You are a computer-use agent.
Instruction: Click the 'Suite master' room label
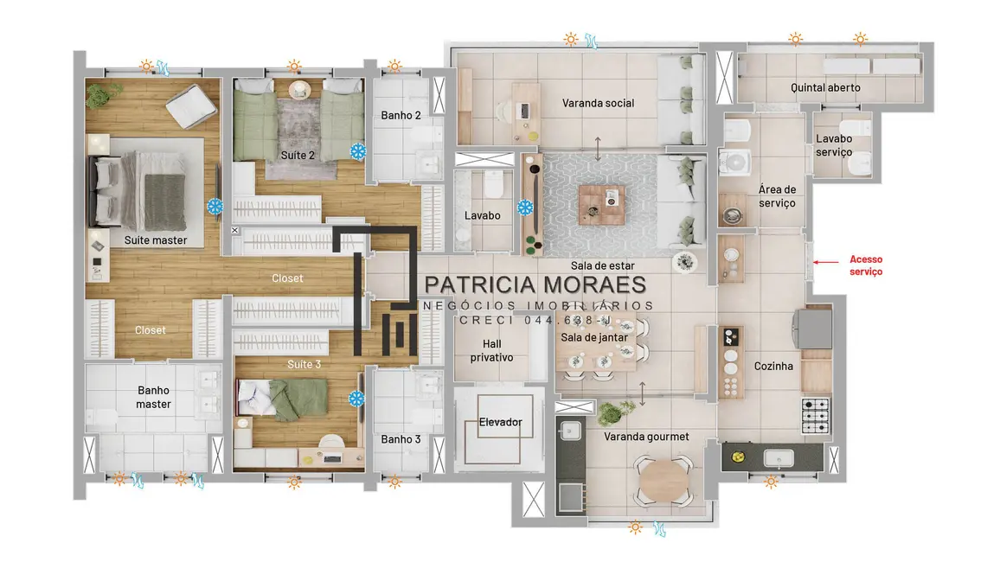coord(156,240)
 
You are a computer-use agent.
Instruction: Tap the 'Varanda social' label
coord(598,104)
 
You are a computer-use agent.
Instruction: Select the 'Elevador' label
coord(501,423)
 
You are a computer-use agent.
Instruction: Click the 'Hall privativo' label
coord(492,350)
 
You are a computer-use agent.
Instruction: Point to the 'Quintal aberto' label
coord(825,88)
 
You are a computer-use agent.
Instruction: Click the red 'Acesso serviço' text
coord(866,265)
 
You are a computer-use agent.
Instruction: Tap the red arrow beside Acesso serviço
coord(828,262)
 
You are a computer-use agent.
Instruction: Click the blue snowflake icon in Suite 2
coord(357,151)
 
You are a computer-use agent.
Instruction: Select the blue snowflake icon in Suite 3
coord(356,399)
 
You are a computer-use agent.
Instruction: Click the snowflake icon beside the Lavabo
coord(525,208)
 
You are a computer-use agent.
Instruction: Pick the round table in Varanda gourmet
coord(661,475)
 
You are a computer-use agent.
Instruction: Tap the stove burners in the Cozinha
coord(816,415)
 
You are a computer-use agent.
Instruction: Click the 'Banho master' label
coord(154,397)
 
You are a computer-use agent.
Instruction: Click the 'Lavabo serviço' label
coord(834,145)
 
